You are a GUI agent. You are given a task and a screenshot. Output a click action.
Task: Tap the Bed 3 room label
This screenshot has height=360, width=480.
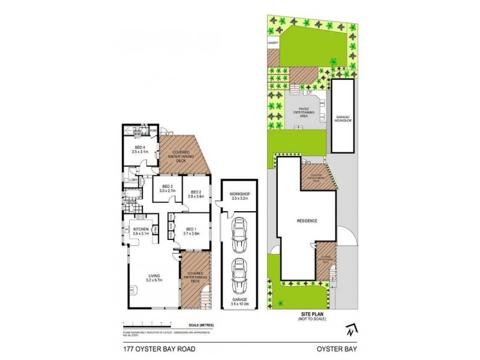167,188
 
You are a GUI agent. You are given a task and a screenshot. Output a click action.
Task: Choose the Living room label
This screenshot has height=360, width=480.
154,278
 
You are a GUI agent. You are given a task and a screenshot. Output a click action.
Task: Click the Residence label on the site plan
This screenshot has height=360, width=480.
307,220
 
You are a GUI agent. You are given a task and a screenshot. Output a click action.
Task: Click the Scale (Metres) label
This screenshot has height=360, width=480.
200,324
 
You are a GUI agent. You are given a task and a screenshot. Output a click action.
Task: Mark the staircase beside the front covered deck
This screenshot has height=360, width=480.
204,295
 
